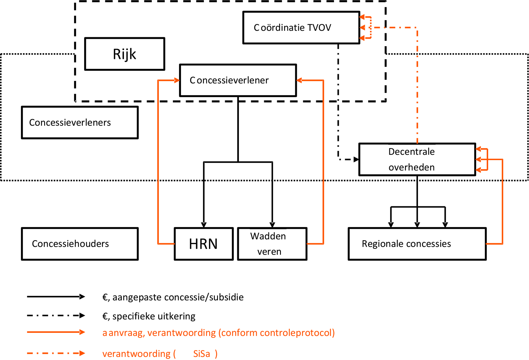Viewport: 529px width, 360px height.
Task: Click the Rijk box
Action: coord(124,54)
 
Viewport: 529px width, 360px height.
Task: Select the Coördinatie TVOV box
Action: coord(301,28)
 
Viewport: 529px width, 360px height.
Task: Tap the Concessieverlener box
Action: coord(238,80)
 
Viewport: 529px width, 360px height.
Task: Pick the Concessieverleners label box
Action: coord(80,122)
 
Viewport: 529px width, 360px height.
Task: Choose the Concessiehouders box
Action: coord(80,244)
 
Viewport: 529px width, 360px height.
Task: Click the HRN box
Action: coord(204,244)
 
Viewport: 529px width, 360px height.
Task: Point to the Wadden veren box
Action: coord(272,244)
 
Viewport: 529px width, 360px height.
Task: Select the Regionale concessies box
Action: coord(417,244)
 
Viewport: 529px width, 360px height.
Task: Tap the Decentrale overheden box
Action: coord(417,160)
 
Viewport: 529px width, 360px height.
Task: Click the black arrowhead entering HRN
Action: coord(204,225)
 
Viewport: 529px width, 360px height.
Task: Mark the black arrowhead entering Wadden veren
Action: coord(272,225)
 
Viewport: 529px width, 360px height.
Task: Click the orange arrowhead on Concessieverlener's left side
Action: coord(177,80)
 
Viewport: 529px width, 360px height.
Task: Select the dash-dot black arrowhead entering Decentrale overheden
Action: coord(356,160)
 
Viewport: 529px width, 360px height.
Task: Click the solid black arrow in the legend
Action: coord(56,297)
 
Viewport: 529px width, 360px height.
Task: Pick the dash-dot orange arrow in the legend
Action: coord(56,353)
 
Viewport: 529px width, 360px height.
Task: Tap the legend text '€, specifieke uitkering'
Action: coord(149,316)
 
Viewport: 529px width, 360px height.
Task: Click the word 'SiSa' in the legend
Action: coord(202,354)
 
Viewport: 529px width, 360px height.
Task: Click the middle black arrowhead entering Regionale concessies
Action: coord(417,225)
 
